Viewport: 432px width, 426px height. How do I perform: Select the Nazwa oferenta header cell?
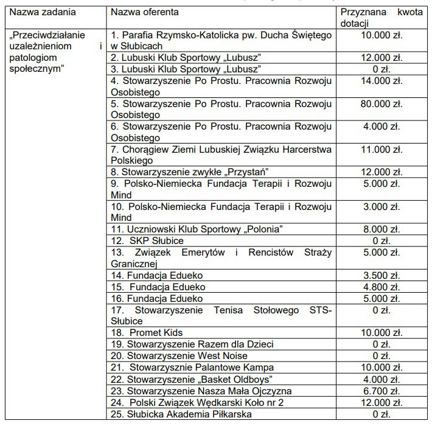coord(148,12)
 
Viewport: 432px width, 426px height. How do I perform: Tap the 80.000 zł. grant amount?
coord(381,104)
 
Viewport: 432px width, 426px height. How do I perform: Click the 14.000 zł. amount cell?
coord(381,81)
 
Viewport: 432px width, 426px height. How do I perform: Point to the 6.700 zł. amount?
coord(381,391)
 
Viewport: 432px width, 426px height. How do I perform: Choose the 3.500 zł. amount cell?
coord(381,276)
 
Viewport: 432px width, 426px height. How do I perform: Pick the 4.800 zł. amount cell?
coord(381,287)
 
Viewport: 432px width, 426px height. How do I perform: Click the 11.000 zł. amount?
coord(381,150)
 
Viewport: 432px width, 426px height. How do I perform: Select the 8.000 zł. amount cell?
coord(381,229)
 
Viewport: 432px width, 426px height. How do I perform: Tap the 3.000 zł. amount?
coord(381,207)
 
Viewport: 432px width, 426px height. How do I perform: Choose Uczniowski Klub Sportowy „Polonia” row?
coord(197,229)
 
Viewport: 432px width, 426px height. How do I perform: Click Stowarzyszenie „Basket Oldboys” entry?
coord(189,379)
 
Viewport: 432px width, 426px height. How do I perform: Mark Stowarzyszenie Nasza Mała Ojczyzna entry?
coord(201,391)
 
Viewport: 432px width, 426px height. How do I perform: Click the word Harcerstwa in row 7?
coord(307,150)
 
